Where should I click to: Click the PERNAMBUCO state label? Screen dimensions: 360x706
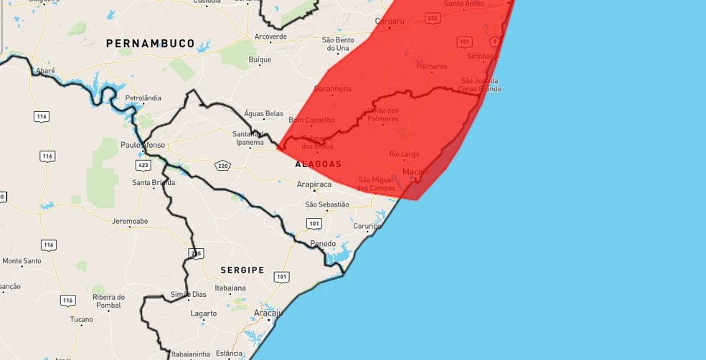click(150, 44)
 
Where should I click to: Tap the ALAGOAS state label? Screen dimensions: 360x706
click(318, 164)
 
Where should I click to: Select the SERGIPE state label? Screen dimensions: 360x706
click(242, 270)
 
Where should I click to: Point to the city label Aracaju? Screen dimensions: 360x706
click(269, 313)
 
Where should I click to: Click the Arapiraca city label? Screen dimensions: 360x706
click(314, 184)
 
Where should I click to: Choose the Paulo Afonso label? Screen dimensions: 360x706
click(143, 145)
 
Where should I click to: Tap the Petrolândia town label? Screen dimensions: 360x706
click(143, 98)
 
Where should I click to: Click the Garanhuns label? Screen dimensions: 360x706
click(333, 89)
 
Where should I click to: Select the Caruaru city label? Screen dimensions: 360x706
click(390, 22)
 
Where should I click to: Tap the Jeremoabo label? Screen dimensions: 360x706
click(129, 221)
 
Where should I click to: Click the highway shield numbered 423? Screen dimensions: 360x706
click(143, 165)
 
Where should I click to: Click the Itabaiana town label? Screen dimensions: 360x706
click(230, 288)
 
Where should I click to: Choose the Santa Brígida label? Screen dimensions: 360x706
click(153, 182)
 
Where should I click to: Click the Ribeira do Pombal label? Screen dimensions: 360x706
click(109, 301)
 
